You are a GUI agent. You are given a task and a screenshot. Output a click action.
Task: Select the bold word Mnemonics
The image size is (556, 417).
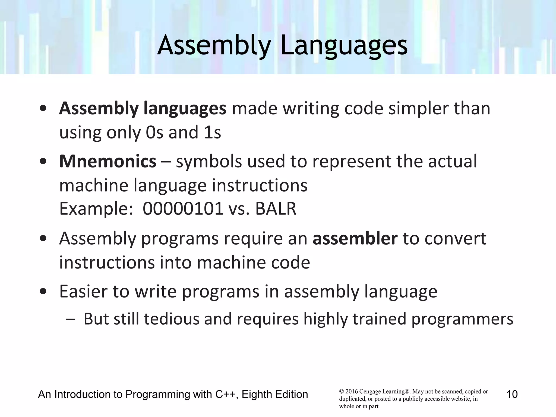tap(108, 161)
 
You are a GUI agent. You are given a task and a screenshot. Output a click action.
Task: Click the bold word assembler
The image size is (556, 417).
tap(355, 238)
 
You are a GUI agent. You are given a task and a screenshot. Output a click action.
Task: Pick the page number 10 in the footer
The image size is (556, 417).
tap(512, 394)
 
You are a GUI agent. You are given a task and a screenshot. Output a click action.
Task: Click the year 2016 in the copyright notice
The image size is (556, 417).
tap(351, 391)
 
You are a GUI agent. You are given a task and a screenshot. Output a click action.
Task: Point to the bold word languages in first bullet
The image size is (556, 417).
tap(185, 108)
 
